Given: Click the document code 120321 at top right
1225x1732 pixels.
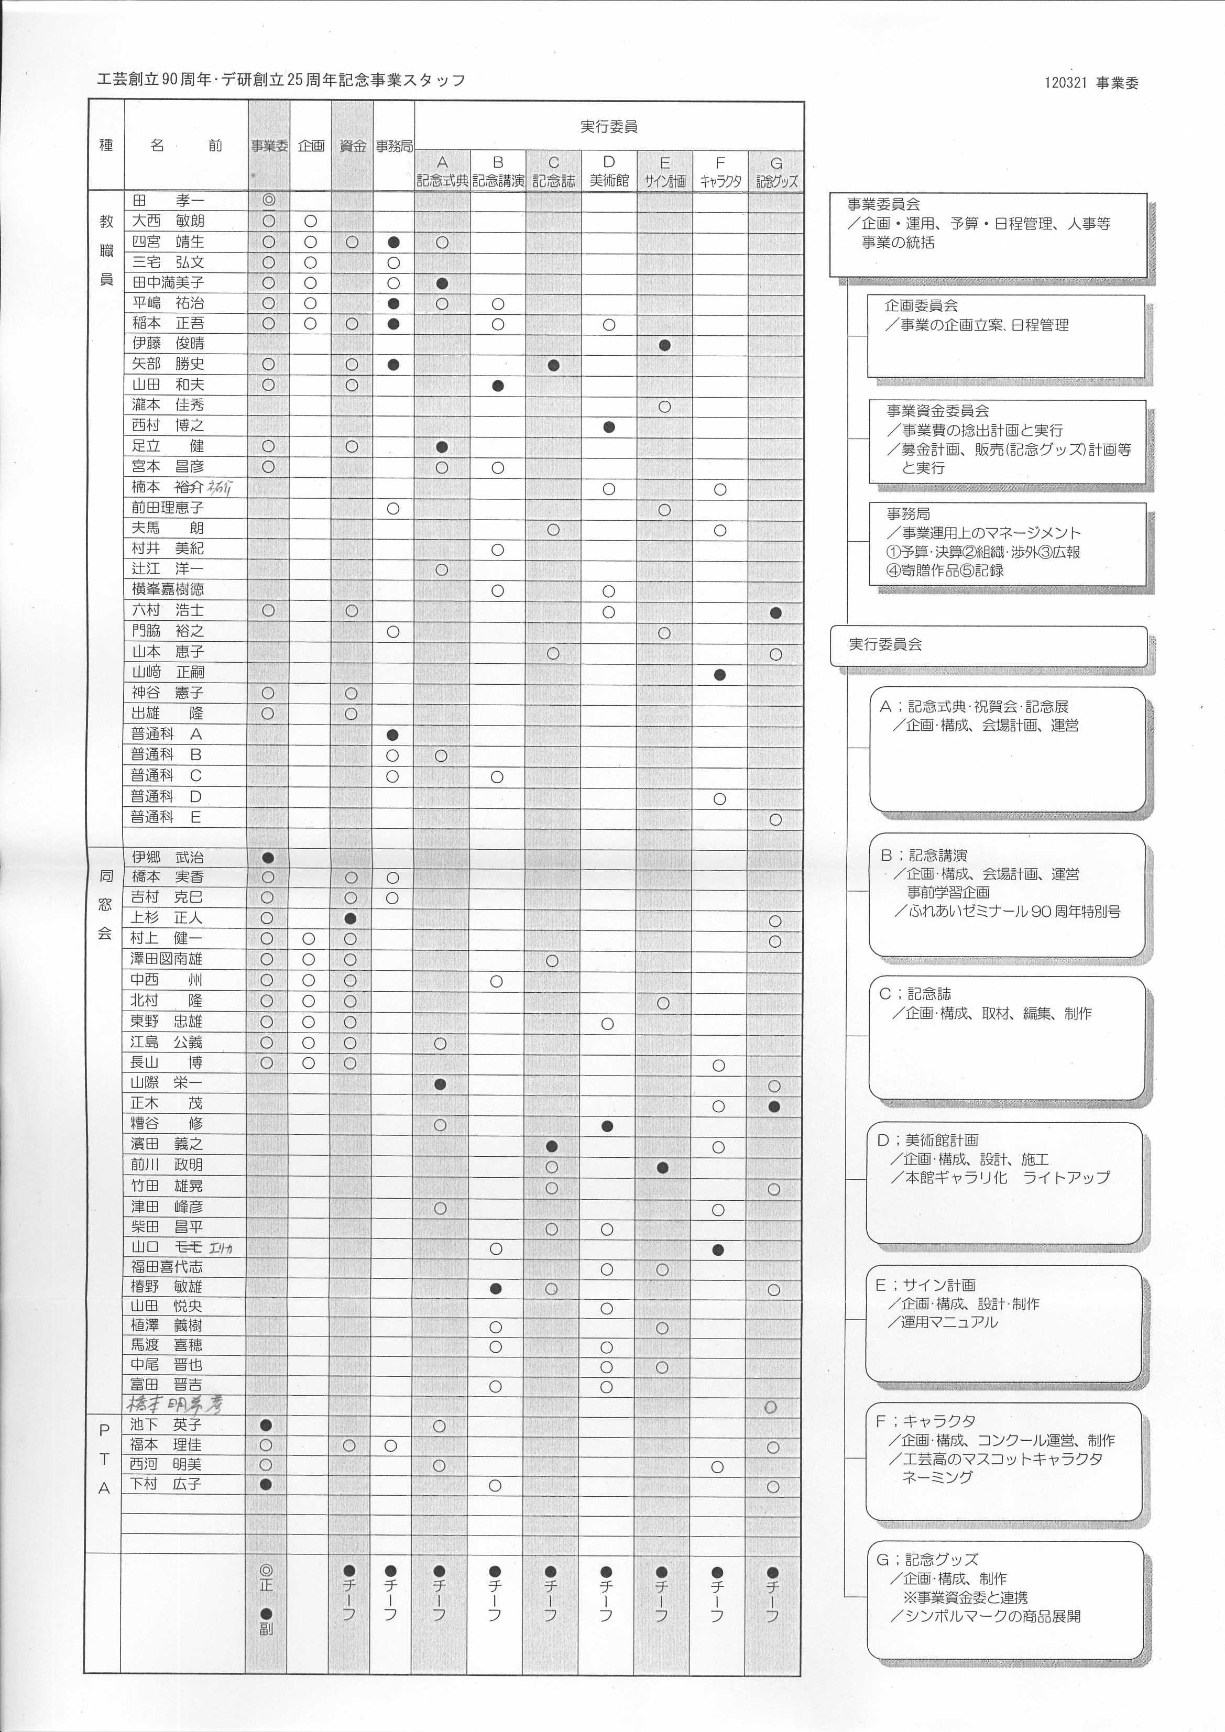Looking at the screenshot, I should pos(1065,83).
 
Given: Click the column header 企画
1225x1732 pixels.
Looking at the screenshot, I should pos(311,146).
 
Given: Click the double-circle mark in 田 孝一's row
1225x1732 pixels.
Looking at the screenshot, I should pos(269,200).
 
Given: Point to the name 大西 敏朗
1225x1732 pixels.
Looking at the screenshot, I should pos(168,221).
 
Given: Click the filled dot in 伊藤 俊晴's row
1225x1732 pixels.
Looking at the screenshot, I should pos(664,345).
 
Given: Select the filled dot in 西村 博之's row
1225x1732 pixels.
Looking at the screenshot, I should pos(609,427).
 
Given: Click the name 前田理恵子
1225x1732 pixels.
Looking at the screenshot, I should pos(168,508).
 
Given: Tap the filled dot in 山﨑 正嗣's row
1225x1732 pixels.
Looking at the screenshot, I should pos(719,674).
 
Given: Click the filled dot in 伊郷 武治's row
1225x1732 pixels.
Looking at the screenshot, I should pos(268,858).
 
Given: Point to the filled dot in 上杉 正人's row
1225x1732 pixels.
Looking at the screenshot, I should pos(350,919).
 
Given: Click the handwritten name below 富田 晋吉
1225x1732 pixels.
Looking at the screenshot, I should pos(174,1404).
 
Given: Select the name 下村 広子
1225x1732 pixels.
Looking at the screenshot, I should pos(165,1484).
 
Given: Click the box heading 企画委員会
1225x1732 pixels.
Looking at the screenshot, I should pos(921,305).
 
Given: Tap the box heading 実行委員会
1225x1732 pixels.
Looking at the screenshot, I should pos(885,644).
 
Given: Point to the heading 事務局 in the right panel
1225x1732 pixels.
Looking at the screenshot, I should pos(908,514).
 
